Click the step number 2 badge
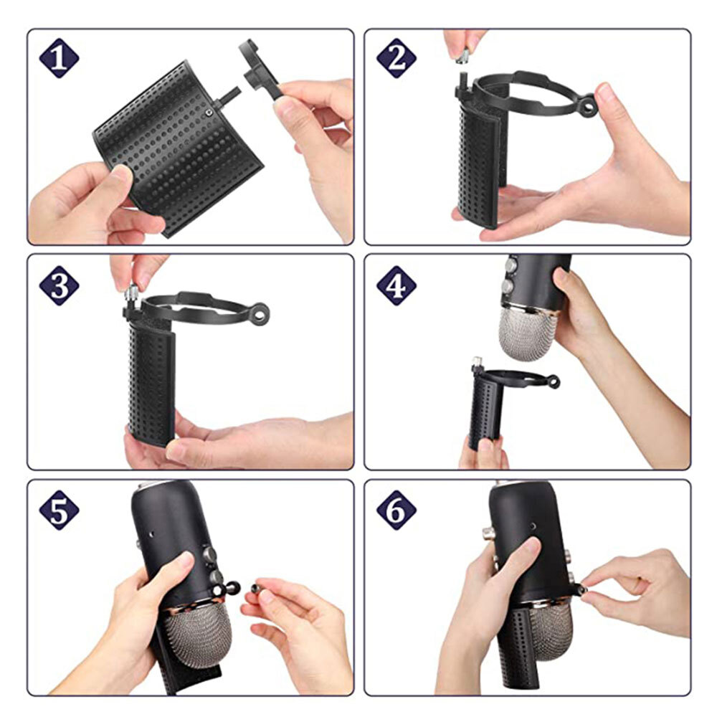[x=397, y=58]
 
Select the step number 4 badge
[x=397, y=285]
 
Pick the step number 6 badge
[x=397, y=511]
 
